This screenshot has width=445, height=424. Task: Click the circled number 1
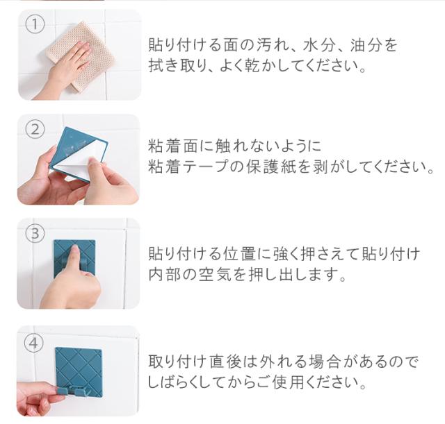click(35, 24)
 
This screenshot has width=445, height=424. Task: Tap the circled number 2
click(35, 130)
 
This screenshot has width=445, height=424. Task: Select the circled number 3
click(35, 234)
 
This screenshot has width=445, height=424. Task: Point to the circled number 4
click(34, 344)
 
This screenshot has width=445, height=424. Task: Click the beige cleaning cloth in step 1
click(81, 56)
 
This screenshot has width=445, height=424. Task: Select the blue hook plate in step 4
click(78, 371)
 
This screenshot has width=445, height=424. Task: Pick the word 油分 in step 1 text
click(366, 45)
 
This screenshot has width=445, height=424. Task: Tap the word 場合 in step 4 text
click(325, 362)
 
